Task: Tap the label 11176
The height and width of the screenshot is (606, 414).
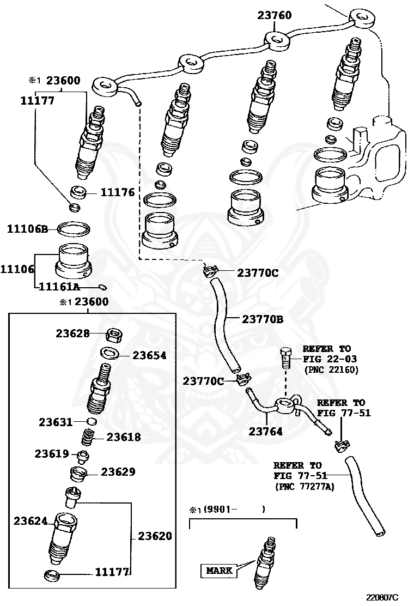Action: (x=117, y=192)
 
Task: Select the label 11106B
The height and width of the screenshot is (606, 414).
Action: (x=27, y=229)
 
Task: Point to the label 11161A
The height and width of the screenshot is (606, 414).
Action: (x=58, y=287)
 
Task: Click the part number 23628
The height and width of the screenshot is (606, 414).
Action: (x=72, y=333)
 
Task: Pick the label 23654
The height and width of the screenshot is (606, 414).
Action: (x=149, y=355)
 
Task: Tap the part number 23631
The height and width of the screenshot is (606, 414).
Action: (x=56, y=422)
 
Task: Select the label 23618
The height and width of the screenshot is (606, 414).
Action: (x=123, y=437)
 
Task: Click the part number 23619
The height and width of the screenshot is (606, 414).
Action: (x=52, y=453)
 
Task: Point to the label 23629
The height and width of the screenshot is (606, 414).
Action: (x=118, y=472)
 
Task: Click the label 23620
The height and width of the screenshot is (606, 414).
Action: (x=155, y=536)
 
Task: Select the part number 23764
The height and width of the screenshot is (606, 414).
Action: (x=266, y=432)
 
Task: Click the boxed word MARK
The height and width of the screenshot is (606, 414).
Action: (x=220, y=571)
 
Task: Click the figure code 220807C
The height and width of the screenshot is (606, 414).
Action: (x=382, y=597)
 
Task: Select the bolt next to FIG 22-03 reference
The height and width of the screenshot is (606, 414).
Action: (x=285, y=357)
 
